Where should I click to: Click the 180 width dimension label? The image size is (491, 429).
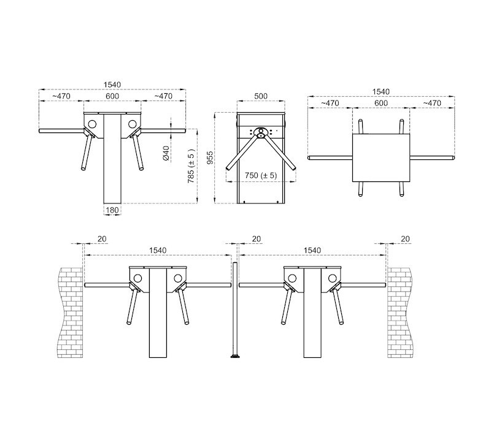[x=112, y=210]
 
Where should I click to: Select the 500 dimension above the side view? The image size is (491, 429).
[x=260, y=96]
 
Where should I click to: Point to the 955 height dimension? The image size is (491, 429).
[x=210, y=158]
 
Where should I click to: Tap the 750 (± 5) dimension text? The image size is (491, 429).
[x=261, y=175]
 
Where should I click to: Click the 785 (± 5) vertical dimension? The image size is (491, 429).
[x=191, y=166]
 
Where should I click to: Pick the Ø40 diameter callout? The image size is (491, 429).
[x=166, y=153]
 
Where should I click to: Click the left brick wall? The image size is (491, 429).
[x=70, y=313]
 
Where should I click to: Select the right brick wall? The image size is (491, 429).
[x=400, y=313]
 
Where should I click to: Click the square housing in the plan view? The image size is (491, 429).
[x=381, y=158]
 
